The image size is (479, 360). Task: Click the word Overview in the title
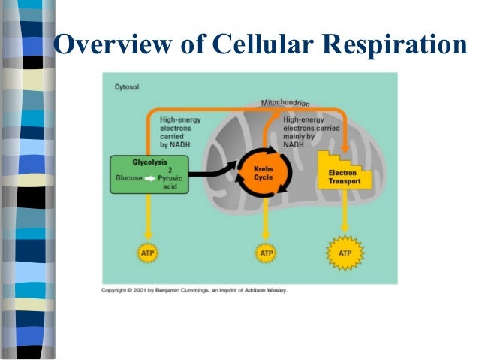pyautogui.click(x=111, y=46)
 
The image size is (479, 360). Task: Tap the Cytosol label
pyautogui.click(x=127, y=86)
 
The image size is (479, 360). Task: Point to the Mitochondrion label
pyautogui.click(x=285, y=102)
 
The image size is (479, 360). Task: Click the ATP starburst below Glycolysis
pyautogui.click(x=148, y=254)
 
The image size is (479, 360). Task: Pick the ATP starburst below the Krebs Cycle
pyautogui.click(x=267, y=254)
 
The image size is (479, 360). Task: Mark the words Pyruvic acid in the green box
pyautogui.click(x=174, y=182)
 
